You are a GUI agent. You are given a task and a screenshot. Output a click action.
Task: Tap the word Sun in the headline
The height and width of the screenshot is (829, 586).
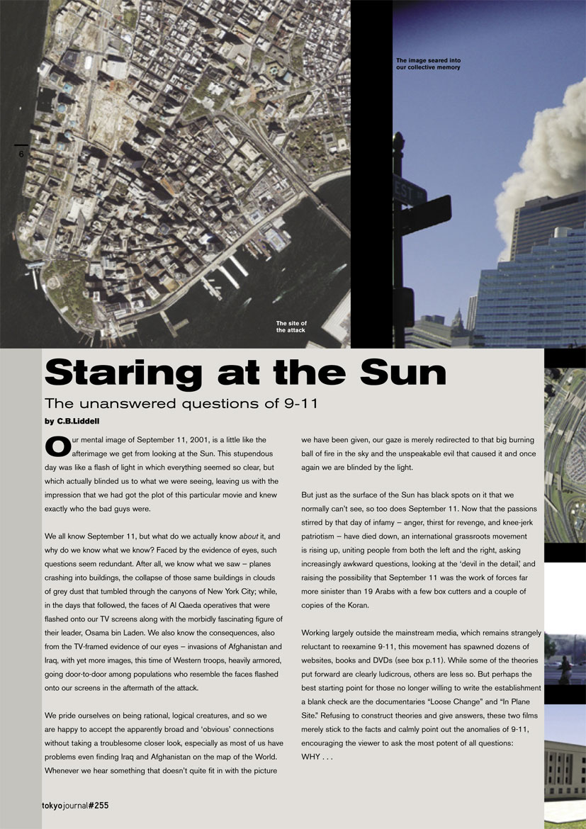click(398, 373)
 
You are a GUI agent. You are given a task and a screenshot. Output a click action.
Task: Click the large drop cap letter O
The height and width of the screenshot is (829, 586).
click(57, 446)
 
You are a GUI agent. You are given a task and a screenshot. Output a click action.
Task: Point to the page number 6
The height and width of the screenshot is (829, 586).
click(21, 154)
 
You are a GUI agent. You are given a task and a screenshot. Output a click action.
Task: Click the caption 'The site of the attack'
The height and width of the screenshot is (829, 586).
click(291, 327)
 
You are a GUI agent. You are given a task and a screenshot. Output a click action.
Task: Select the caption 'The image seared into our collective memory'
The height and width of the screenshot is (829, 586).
click(428, 64)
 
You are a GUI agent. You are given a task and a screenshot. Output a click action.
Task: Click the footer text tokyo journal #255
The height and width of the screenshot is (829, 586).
click(74, 806)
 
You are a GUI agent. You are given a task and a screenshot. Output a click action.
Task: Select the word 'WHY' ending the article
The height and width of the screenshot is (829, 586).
click(310, 757)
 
